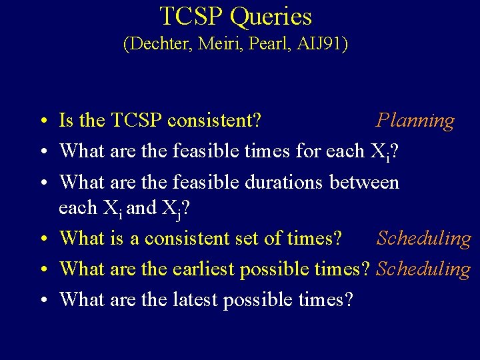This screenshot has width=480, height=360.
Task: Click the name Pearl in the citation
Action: click(267, 45)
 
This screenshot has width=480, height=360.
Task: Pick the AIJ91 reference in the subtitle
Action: click(321, 45)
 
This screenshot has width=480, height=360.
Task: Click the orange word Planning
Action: click(415, 121)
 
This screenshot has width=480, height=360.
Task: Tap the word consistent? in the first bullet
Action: click(214, 121)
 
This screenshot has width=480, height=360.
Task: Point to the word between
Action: click(365, 181)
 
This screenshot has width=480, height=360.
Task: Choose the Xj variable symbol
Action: click(171, 209)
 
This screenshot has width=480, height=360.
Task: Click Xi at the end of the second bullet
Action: click(378, 152)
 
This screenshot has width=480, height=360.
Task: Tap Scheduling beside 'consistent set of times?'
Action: click(423, 239)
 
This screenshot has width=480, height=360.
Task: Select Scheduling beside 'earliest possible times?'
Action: click(423, 269)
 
